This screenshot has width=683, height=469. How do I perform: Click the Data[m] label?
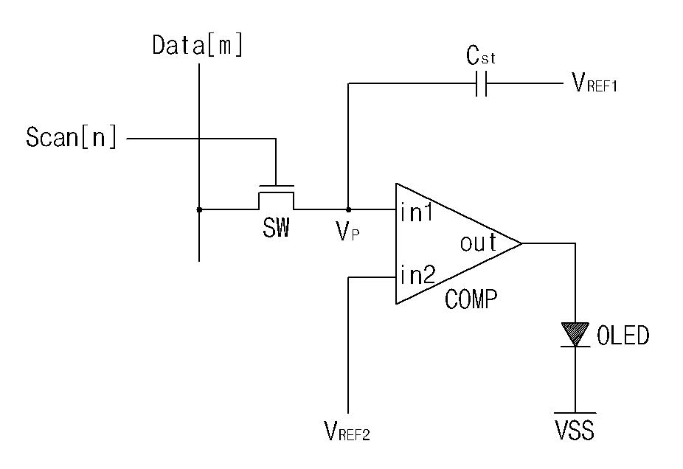click(x=198, y=45)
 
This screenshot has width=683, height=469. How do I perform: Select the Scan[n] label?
click(x=72, y=137)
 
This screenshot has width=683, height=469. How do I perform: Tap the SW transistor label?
click(x=276, y=227)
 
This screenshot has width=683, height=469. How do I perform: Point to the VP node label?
click(x=347, y=232)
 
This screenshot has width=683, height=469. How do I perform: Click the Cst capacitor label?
click(x=480, y=56)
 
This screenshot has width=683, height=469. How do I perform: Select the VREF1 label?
click(x=594, y=83)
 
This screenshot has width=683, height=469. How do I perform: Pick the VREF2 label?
click(x=347, y=431)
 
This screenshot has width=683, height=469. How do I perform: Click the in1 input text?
click(x=417, y=213)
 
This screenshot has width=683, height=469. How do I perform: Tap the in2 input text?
click(x=417, y=275)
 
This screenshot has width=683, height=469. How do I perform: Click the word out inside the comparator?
click(x=478, y=243)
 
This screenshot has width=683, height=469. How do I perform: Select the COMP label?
click(x=471, y=299)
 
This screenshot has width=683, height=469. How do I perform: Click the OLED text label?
click(x=623, y=336)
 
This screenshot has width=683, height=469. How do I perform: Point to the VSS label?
click(x=575, y=430)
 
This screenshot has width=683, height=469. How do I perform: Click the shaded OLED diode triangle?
click(x=575, y=333)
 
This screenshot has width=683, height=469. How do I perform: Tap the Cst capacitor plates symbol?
click(x=482, y=83)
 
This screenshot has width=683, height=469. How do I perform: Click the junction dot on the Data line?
click(x=199, y=209)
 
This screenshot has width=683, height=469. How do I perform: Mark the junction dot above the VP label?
click(x=348, y=209)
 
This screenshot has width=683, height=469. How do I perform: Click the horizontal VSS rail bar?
click(x=575, y=413)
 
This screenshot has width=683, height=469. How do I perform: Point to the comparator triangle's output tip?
click(x=521, y=243)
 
